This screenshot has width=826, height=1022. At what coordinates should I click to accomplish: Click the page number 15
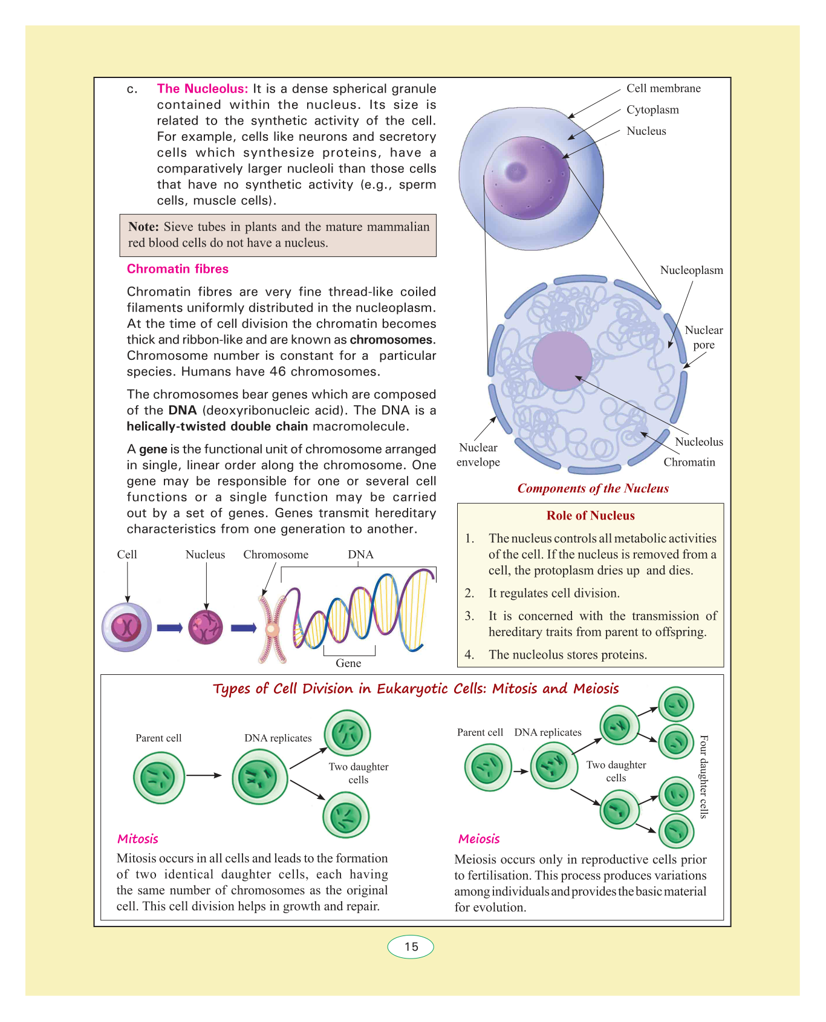pos(411,946)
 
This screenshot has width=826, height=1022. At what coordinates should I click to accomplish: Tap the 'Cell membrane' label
pos(663,88)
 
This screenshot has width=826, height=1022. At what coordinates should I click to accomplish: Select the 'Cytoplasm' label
pos(652,110)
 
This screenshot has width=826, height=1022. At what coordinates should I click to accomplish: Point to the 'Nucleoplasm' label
pos(691,270)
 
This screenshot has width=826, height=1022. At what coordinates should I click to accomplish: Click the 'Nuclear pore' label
pos(703,337)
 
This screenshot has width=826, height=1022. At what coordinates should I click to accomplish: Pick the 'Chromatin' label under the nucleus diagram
pos(689,463)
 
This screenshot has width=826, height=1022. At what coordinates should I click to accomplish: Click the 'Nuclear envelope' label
pos(478,455)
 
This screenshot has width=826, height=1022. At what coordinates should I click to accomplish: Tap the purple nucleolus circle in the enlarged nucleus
pos(562,361)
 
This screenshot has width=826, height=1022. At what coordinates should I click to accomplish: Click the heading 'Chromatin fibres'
pos(177,269)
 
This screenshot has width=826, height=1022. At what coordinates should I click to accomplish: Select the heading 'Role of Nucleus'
pos(590,516)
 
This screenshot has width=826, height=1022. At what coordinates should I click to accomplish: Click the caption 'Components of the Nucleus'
pos(593,489)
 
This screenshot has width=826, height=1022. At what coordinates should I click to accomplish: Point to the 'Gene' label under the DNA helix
pos(348,663)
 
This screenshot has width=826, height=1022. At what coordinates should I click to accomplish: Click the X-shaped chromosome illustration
pos(272,629)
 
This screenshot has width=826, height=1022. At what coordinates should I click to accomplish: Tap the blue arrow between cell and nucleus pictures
pos(169,628)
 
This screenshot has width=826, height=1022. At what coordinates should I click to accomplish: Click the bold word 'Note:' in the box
pos(143,227)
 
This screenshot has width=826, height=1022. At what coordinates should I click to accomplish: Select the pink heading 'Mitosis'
pos(138,839)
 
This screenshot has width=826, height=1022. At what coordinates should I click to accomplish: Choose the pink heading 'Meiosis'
pos(479,839)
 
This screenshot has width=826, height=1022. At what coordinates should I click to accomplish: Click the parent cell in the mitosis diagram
pos(159,778)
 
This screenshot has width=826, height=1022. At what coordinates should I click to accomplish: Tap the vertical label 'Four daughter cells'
pos(703,776)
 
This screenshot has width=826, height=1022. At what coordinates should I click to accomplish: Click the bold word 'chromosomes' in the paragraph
pos(391,340)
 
